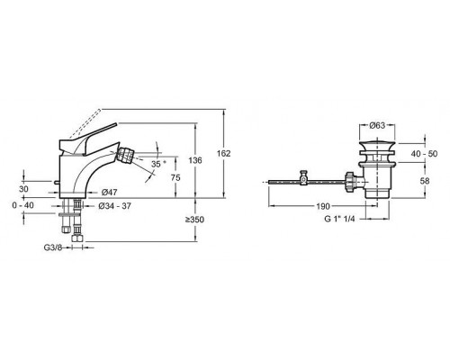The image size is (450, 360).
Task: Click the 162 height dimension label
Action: coord(224,153)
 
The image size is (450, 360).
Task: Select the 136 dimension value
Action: coord(195,160)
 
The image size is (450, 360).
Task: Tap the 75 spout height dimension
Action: coord(175,177)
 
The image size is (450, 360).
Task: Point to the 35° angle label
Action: coord(158,164)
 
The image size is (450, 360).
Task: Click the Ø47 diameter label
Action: coord(109,193)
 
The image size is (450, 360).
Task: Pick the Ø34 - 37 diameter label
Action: coord(114,206)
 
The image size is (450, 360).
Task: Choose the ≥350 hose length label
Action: coord(194,220)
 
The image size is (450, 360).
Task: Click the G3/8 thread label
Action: coord(53,247)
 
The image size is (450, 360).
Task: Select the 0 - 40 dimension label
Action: coord(23,205)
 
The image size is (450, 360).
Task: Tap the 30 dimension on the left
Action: coord(23,189)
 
